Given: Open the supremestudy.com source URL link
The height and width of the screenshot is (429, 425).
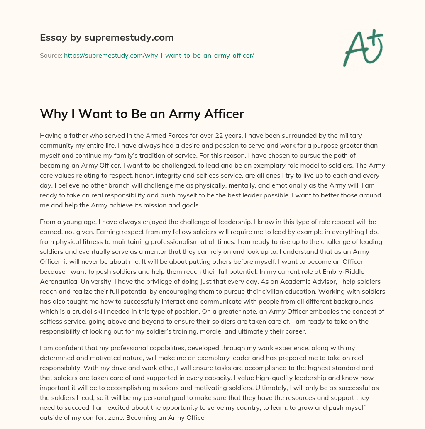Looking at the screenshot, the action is click(x=159, y=55).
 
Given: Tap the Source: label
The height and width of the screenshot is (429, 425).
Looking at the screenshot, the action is click(x=51, y=55).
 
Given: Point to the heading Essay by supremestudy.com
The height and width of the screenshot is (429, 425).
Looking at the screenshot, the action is click(x=107, y=37).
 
